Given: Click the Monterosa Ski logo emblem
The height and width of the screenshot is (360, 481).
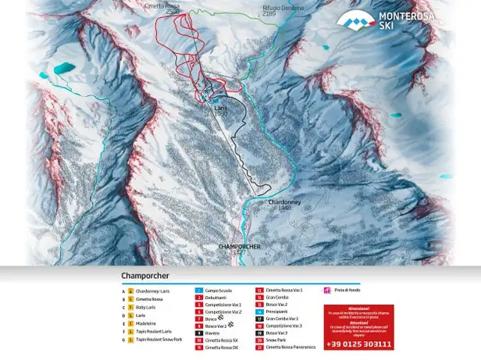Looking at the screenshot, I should pos(347,22).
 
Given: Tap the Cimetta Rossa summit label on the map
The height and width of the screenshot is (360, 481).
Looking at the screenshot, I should pos(181,7).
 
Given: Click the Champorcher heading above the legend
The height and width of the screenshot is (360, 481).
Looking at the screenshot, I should pos(145,276).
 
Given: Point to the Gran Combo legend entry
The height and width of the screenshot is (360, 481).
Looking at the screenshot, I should pos(277,298).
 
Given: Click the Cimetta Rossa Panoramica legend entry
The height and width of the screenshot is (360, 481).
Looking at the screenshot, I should pos(290,347).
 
